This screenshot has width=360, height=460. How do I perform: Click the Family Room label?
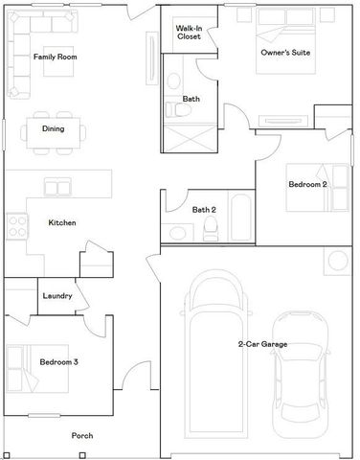pos(55,57)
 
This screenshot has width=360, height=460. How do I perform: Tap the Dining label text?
pos(53,128)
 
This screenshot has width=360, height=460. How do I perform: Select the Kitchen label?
pos(62,223)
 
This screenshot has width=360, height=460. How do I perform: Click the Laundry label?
pos(57,296)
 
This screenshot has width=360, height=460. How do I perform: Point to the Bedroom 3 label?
pos(60,362)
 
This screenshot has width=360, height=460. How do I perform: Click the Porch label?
pos(82,436)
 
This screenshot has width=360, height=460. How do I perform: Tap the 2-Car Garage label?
pos(262,344)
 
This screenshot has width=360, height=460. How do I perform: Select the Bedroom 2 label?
pos(307,182)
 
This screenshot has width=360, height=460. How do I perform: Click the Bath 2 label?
pos(204,210)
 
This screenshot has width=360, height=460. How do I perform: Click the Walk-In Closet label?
pos(189,33)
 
